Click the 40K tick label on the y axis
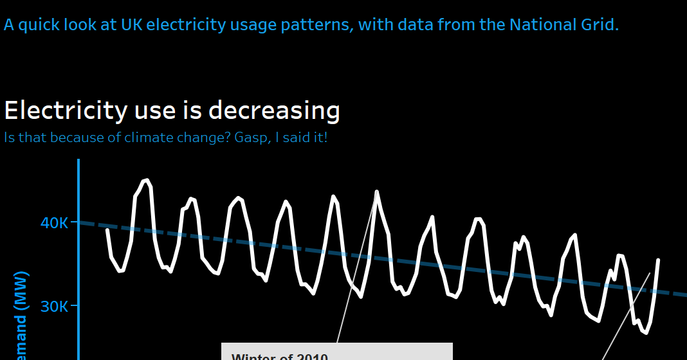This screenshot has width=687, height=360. [x=54, y=223]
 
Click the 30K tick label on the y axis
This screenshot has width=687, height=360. [x=54, y=307]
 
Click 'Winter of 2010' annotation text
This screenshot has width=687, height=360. [x=280, y=357]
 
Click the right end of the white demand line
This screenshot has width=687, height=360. [x=658, y=260]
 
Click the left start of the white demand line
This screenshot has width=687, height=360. [x=107, y=230]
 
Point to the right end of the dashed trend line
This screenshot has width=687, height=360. [x=684, y=295]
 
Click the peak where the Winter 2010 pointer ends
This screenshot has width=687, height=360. [x=376, y=192]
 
